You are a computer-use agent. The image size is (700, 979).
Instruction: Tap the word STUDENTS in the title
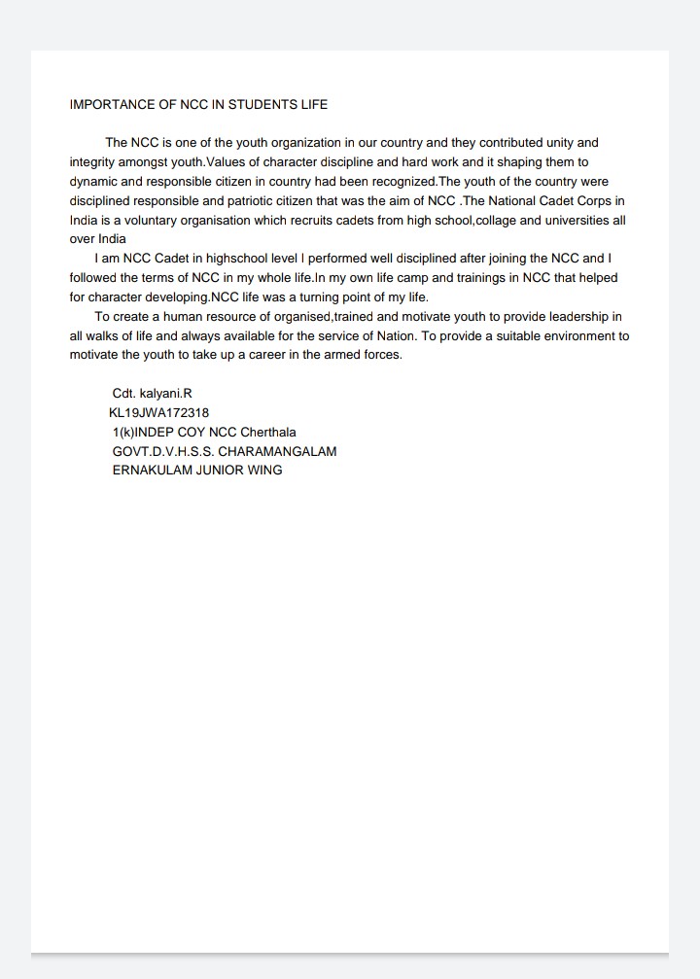(262, 104)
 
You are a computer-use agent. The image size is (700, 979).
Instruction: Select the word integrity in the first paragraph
(93, 162)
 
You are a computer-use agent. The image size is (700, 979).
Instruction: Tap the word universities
(577, 221)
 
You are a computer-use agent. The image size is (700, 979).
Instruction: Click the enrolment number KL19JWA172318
(159, 413)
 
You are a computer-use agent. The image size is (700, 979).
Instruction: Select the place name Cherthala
(268, 432)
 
